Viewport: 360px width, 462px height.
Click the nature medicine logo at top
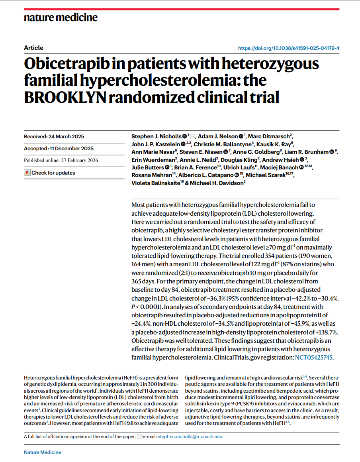pyautogui.click(x=61, y=17)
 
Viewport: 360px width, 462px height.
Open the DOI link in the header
pyautogui.click(x=289, y=48)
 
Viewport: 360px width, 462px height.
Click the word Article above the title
pyautogui.click(x=33, y=48)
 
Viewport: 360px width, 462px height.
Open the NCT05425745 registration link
pyautogui.click(x=313, y=358)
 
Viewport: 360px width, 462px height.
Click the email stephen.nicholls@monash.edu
pyautogui.click(x=190, y=436)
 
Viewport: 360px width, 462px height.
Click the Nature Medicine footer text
pyautogui.click(x=43, y=452)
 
